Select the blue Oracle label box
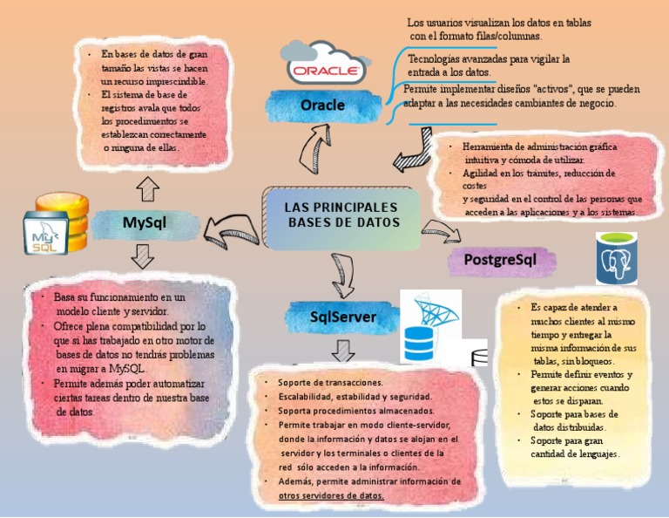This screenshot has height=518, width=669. tap(323, 106)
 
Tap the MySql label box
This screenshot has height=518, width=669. tap(144, 223)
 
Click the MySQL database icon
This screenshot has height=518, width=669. tap(54, 226)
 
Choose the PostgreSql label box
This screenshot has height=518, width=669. tap(500, 259)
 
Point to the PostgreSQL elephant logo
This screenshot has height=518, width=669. tap(624, 259)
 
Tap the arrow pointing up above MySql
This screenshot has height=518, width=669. tap(148, 187)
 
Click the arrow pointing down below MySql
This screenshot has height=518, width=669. tap(140, 256)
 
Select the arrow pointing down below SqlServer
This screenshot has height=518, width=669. tap(343, 351)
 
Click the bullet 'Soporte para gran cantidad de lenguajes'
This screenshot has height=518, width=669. tap(575, 447)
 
